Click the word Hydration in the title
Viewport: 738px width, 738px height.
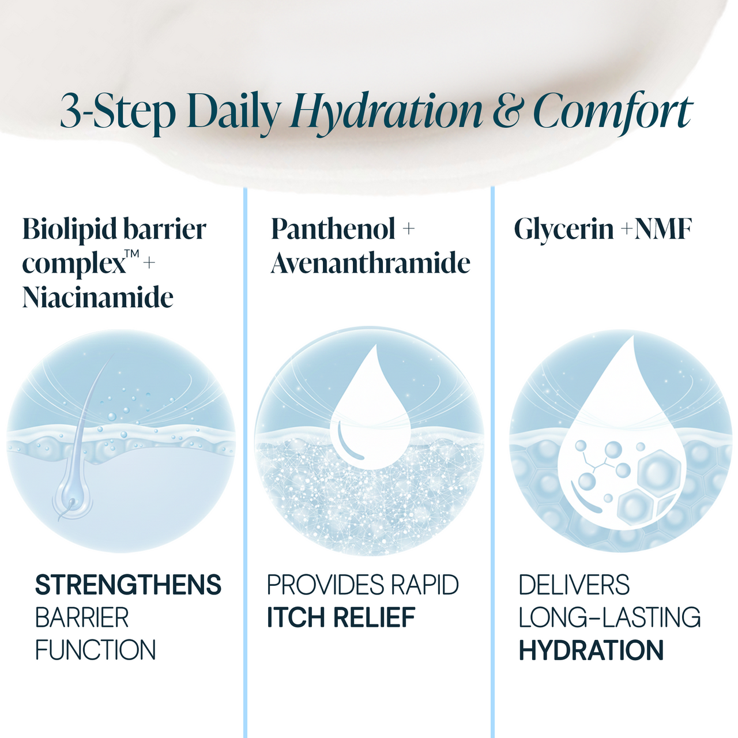[387, 112]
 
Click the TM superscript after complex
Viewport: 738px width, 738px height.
[132, 253]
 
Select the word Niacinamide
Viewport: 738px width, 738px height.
[97, 298]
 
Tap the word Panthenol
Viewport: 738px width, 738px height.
[333, 229]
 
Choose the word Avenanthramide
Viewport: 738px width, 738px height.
[371, 263]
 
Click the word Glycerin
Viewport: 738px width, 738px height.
[563, 229]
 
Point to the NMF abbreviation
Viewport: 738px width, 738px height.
[663, 229]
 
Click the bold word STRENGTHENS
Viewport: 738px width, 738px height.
[128, 585]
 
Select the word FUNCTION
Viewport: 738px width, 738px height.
[96, 650]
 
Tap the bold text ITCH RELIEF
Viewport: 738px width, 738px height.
[341, 617]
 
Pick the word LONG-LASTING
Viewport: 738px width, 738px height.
[609, 617]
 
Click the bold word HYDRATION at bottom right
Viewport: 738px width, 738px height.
[591, 650]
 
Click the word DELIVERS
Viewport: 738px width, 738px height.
[574, 585]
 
